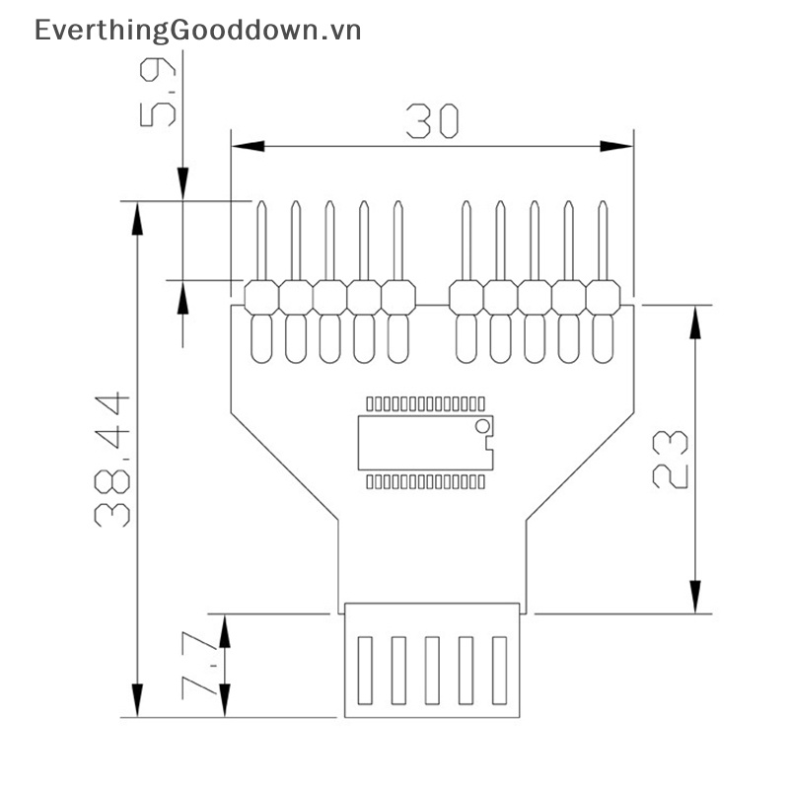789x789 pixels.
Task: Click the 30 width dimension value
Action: point(432,121)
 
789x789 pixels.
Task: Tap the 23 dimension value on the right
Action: point(671,459)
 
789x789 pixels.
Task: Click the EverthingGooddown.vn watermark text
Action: point(197,31)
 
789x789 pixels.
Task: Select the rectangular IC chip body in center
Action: point(424,442)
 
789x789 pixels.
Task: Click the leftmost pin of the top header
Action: point(261,242)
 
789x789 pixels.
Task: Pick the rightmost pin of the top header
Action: point(602,242)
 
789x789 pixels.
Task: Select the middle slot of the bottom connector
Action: point(432,670)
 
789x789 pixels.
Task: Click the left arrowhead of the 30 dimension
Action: point(248,146)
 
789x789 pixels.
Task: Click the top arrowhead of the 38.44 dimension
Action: point(137,219)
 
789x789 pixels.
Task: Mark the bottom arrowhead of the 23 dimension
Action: point(696,596)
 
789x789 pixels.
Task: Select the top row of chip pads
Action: point(424,403)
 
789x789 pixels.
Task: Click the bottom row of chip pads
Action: point(424,481)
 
